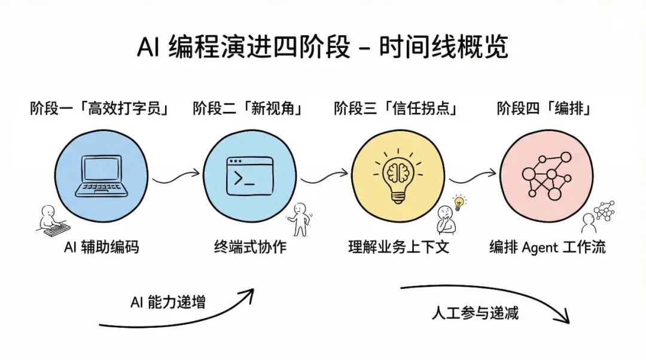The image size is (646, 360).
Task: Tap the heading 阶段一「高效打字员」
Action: (x=99, y=109)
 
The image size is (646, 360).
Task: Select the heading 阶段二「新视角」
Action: (x=247, y=109)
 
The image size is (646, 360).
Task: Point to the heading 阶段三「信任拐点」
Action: (x=395, y=109)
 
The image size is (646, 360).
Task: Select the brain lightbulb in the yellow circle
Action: (x=397, y=174)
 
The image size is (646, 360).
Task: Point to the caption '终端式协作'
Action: (x=250, y=246)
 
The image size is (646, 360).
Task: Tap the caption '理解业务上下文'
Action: (x=398, y=246)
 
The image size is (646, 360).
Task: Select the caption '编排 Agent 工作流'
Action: (x=547, y=246)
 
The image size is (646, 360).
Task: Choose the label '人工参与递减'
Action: (x=476, y=313)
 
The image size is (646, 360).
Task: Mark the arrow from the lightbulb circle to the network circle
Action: (x=473, y=175)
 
